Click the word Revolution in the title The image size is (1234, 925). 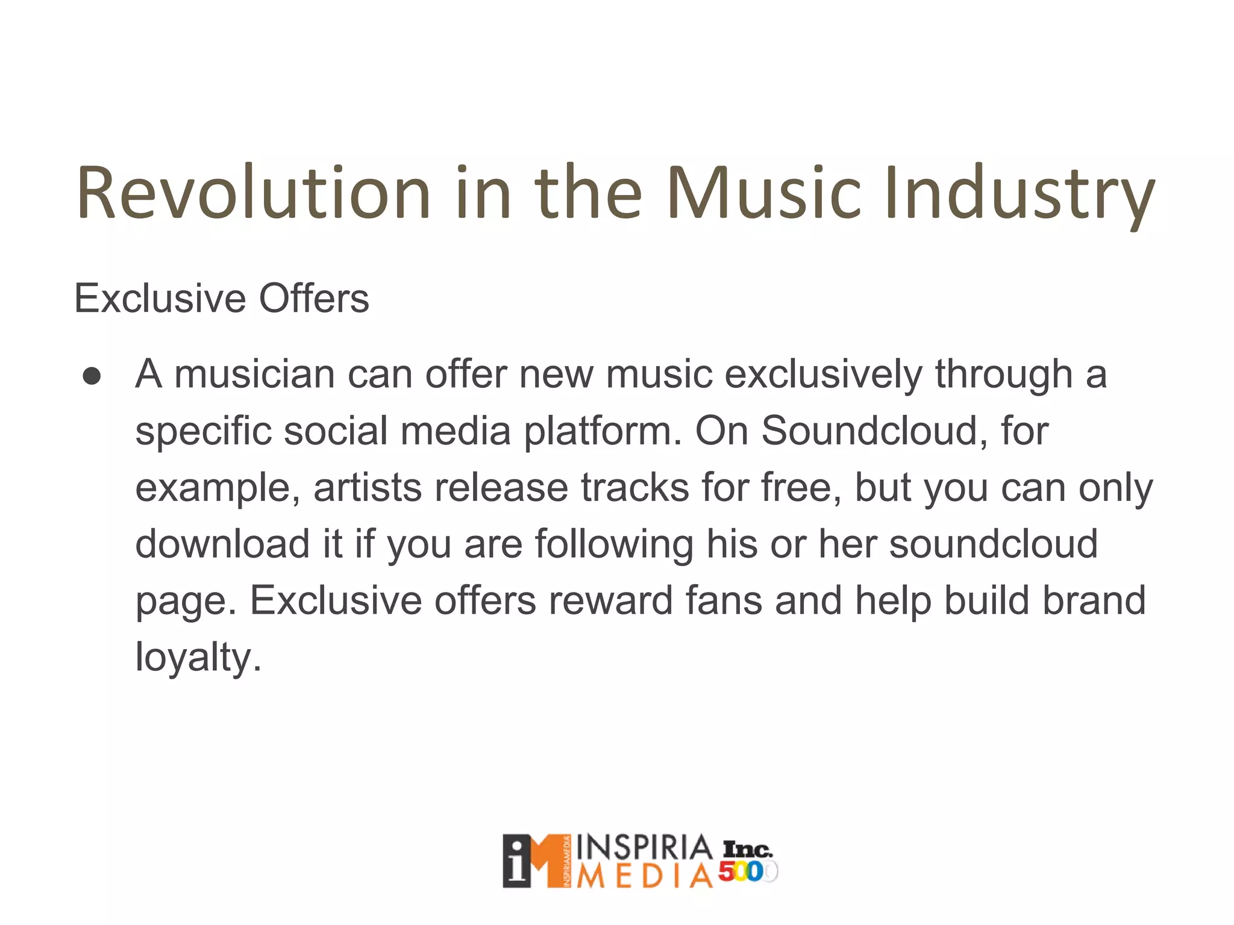253,193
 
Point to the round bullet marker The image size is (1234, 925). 92,377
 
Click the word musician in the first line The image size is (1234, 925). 254,375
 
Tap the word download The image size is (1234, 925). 222,544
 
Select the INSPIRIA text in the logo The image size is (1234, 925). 644,847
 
